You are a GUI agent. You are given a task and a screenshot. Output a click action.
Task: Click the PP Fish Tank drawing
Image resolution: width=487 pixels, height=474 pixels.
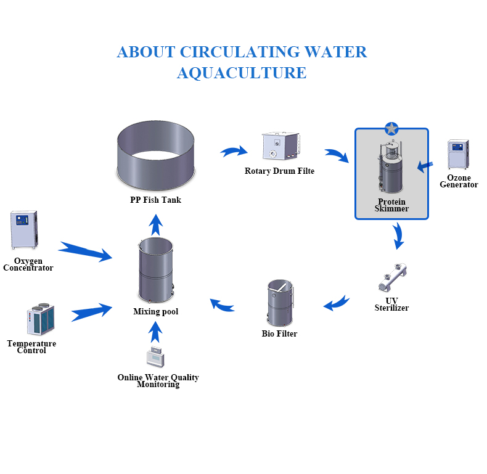[x=156, y=157]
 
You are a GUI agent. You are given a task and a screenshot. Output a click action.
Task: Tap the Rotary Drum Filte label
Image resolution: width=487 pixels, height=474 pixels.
[x=279, y=171]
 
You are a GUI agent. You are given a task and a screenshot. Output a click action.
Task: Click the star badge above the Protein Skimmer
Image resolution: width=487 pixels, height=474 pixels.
[x=391, y=129]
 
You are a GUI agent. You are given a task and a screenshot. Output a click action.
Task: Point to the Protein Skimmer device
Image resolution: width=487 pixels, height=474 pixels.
[x=391, y=168]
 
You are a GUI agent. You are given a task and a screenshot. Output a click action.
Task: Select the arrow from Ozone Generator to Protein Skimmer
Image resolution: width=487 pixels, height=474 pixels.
[x=425, y=165]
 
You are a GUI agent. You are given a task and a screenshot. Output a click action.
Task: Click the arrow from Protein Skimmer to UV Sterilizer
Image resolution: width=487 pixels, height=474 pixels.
[x=399, y=235]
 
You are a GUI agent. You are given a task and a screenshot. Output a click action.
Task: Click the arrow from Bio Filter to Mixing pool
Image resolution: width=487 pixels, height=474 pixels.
[x=222, y=304]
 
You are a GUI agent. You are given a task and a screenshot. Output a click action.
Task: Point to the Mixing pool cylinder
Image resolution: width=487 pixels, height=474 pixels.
[x=155, y=270]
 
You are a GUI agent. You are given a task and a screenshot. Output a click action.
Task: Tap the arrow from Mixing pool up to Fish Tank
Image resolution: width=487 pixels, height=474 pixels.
[x=157, y=224]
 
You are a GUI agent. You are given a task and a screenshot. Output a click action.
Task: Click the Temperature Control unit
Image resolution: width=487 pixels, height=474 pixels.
[x=40, y=319]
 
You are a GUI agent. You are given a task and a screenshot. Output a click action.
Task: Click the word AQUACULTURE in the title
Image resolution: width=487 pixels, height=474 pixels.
[x=242, y=73]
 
